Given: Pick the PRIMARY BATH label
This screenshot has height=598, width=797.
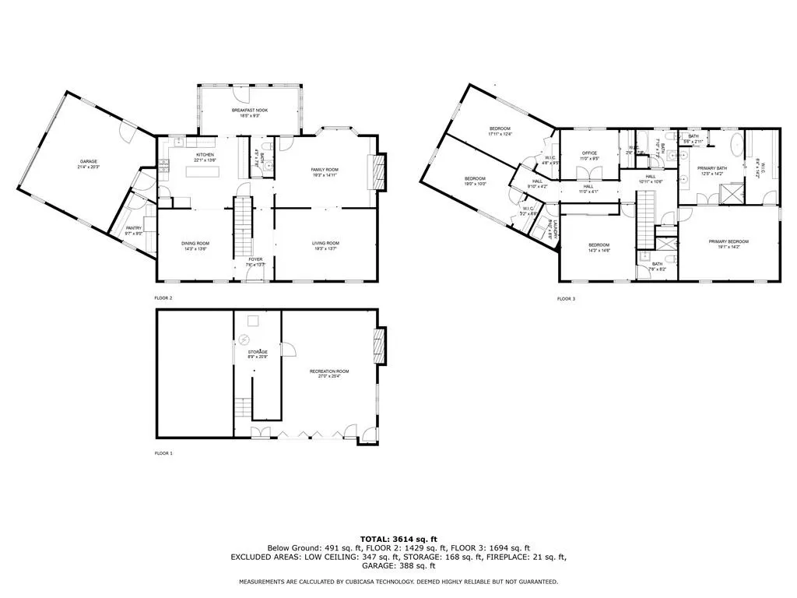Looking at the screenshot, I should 712,171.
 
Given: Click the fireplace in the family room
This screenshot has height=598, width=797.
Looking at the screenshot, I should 378,171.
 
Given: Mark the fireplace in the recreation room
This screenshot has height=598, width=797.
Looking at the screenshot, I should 379,344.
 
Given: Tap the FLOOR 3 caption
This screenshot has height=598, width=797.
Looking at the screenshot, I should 566,299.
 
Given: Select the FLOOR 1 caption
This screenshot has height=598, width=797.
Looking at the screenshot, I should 163,452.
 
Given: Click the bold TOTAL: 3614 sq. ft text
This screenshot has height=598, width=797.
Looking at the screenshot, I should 398,539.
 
